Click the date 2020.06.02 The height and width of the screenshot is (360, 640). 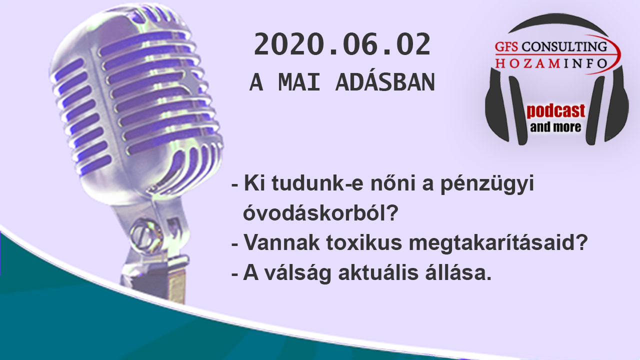(x=342, y=44)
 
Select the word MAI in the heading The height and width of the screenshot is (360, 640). (x=299, y=82)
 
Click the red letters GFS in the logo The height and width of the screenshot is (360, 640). (x=506, y=46)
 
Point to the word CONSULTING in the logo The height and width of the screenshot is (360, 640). (x=564, y=46)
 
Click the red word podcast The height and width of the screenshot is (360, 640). (x=556, y=111)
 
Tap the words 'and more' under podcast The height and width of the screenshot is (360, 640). (x=555, y=127)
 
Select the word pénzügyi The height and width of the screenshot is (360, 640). (x=487, y=184)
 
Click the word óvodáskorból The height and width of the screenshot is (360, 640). (x=320, y=212)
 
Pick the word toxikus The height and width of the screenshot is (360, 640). (x=364, y=242)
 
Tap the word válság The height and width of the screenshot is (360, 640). (x=297, y=273)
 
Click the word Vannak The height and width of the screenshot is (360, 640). (x=281, y=242)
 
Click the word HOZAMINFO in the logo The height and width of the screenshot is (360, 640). (x=551, y=63)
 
